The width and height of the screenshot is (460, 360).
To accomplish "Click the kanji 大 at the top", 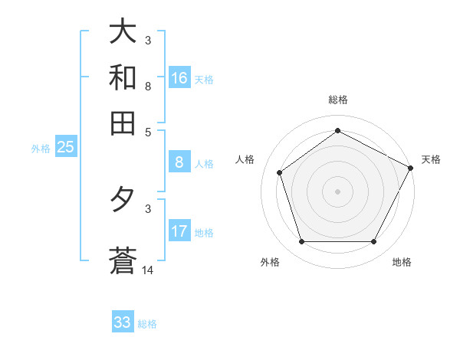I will [x=123, y=33].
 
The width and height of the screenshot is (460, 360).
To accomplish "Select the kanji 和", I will [x=123, y=77].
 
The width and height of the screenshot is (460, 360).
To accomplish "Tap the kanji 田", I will [x=123, y=122].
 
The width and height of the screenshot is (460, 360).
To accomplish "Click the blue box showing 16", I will [x=179, y=78].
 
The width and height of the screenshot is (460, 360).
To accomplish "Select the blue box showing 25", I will [x=65, y=148].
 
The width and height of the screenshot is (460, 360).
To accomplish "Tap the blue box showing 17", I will [x=179, y=231].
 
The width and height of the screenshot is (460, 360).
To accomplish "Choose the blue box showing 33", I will [x=123, y=322].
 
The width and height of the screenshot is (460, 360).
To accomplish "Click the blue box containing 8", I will [x=179, y=162].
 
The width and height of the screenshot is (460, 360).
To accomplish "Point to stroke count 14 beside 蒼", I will [x=149, y=270].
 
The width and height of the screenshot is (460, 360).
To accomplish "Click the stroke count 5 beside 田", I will [x=149, y=131].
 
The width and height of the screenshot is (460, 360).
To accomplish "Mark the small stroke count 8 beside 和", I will [x=149, y=86].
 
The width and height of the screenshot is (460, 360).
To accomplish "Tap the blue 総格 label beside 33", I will [x=147, y=324].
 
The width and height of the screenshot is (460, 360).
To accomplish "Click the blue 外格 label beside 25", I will [x=41, y=149].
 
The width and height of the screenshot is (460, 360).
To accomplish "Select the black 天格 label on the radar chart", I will [x=431, y=159].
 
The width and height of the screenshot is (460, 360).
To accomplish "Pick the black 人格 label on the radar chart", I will [x=245, y=159].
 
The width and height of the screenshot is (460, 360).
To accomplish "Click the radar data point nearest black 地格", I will [x=374, y=242].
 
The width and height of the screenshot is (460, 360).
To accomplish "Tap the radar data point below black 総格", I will [x=338, y=130].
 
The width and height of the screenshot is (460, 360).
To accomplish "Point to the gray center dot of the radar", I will [x=338, y=191].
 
